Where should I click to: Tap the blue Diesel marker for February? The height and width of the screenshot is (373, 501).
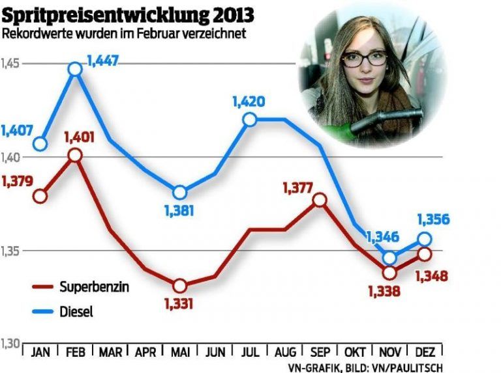pos(76,68)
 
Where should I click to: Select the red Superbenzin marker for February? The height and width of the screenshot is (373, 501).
pos(76,154)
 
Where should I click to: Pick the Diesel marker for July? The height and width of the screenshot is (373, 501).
pos(249,119)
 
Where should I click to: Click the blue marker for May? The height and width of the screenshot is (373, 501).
pos(180,193)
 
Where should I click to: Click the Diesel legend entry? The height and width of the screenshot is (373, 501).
pos(76,312)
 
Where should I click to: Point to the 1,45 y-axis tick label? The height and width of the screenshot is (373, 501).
pos(11,63)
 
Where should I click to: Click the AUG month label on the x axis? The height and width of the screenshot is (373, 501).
pos(284,353)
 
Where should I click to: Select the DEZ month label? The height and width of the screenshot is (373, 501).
pos(425,353)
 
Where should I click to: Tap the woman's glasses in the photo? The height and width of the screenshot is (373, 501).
pos(363,59)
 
